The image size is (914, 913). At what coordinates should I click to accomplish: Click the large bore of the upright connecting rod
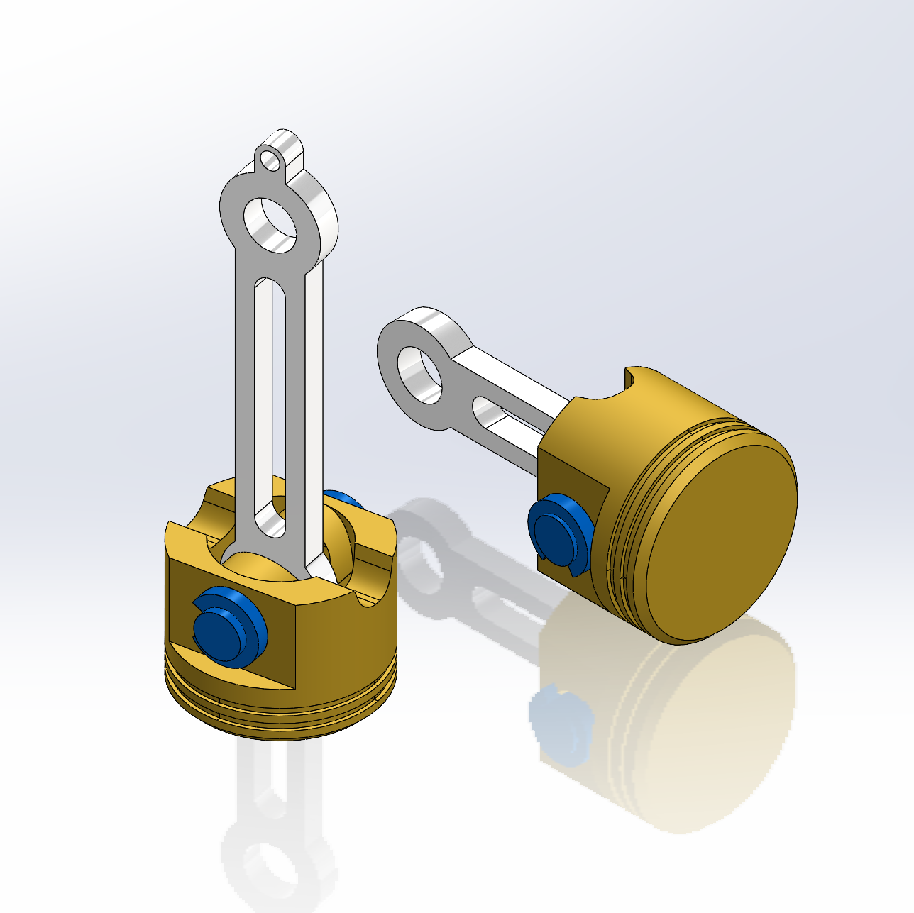(270, 223)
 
